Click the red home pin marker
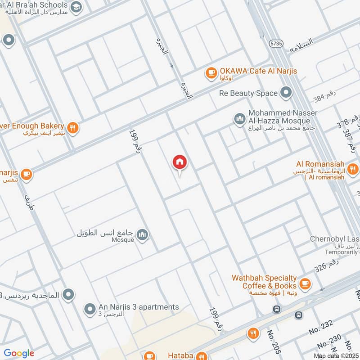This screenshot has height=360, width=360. tap(180, 162)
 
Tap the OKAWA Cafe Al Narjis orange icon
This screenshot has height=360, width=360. tap(211, 73)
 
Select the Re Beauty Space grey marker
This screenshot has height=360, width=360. tap(286, 93)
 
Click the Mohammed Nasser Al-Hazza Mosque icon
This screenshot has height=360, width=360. tap(239, 119)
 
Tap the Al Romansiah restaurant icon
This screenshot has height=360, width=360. tap(353, 169)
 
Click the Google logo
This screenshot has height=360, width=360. tap(18, 353)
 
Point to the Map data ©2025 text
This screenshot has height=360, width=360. tap(335, 356)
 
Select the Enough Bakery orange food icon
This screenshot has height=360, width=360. tap(73, 128)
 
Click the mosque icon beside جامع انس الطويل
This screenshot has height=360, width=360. tap(142, 235)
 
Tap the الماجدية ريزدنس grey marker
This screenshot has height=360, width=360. tap(68, 295)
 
